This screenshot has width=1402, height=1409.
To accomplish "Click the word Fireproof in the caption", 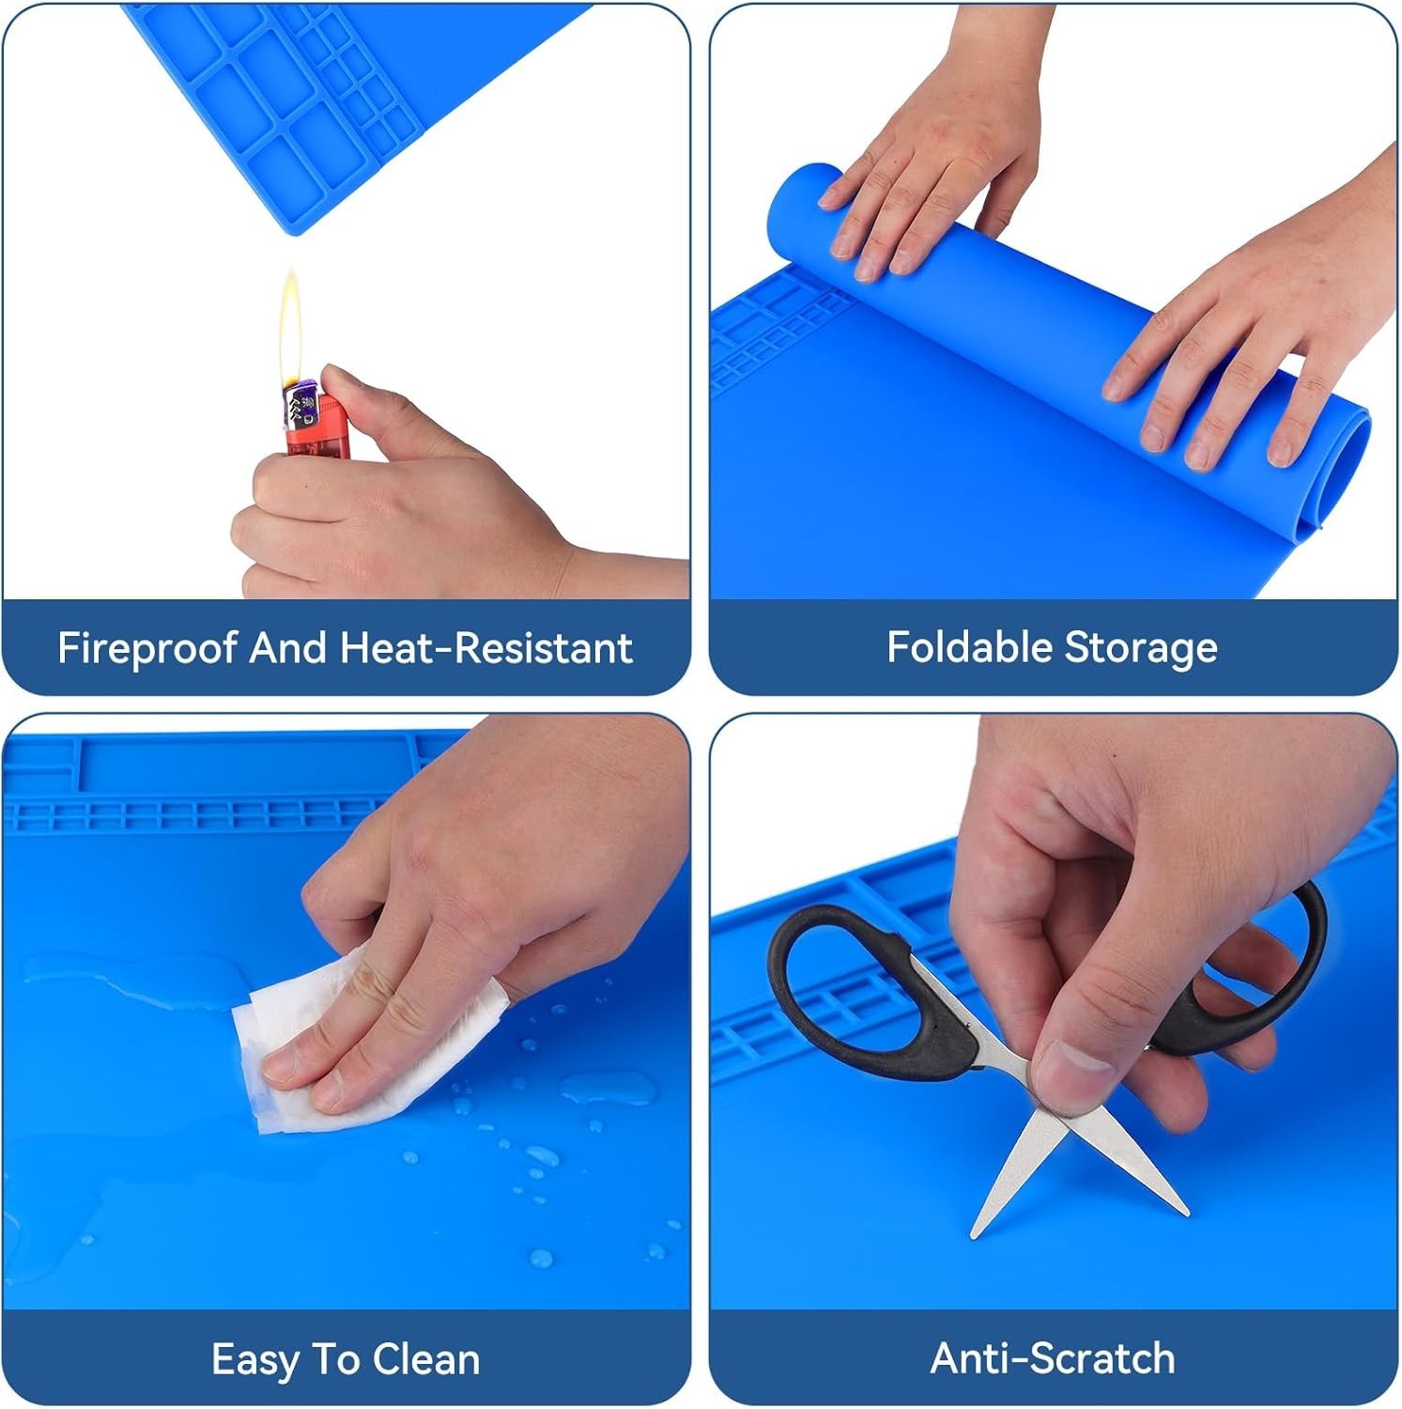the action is pos(146,649).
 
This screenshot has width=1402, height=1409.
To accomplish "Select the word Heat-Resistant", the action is pos(486,648).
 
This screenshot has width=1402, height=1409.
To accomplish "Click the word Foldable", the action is pos(969,647).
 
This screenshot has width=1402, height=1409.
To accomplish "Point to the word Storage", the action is pos(1141,649).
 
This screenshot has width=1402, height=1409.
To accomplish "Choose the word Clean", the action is pos(426,1359).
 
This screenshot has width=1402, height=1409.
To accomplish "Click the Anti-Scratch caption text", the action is pos(1053,1358).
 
